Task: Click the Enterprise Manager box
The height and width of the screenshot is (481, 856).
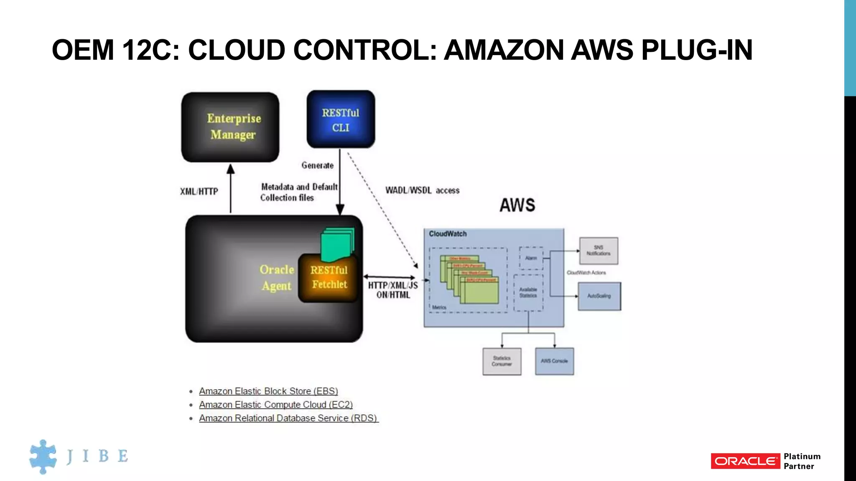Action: [230, 127]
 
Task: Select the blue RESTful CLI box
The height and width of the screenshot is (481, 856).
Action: [341, 119]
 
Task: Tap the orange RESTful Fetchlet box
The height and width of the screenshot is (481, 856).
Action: [329, 278]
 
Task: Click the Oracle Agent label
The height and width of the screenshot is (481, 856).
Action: [276, 278]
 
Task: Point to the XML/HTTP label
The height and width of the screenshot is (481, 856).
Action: [199, 192]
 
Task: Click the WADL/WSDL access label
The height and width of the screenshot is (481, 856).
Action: [422, 190]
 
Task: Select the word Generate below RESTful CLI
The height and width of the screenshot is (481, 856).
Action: [318, 165]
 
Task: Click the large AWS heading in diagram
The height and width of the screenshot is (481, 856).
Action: [517, 205]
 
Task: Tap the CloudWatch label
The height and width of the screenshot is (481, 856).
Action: [448, 234]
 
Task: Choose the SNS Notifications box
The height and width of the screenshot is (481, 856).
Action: [599, 251]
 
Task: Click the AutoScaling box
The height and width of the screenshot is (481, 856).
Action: [599, 296]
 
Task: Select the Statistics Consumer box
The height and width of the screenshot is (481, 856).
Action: [502, 361]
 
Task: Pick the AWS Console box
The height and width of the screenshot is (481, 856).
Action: [554, 361]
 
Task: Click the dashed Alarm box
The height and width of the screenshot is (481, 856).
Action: [531, 258]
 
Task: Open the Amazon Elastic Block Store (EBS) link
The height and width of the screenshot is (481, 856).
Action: [268, 391]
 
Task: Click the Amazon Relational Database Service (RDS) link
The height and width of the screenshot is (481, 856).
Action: [288, 418]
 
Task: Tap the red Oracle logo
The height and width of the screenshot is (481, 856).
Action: [745, 461]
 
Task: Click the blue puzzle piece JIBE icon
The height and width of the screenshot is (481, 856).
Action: [43, 456]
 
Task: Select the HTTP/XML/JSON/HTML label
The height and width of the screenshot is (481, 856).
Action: [393, 290]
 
